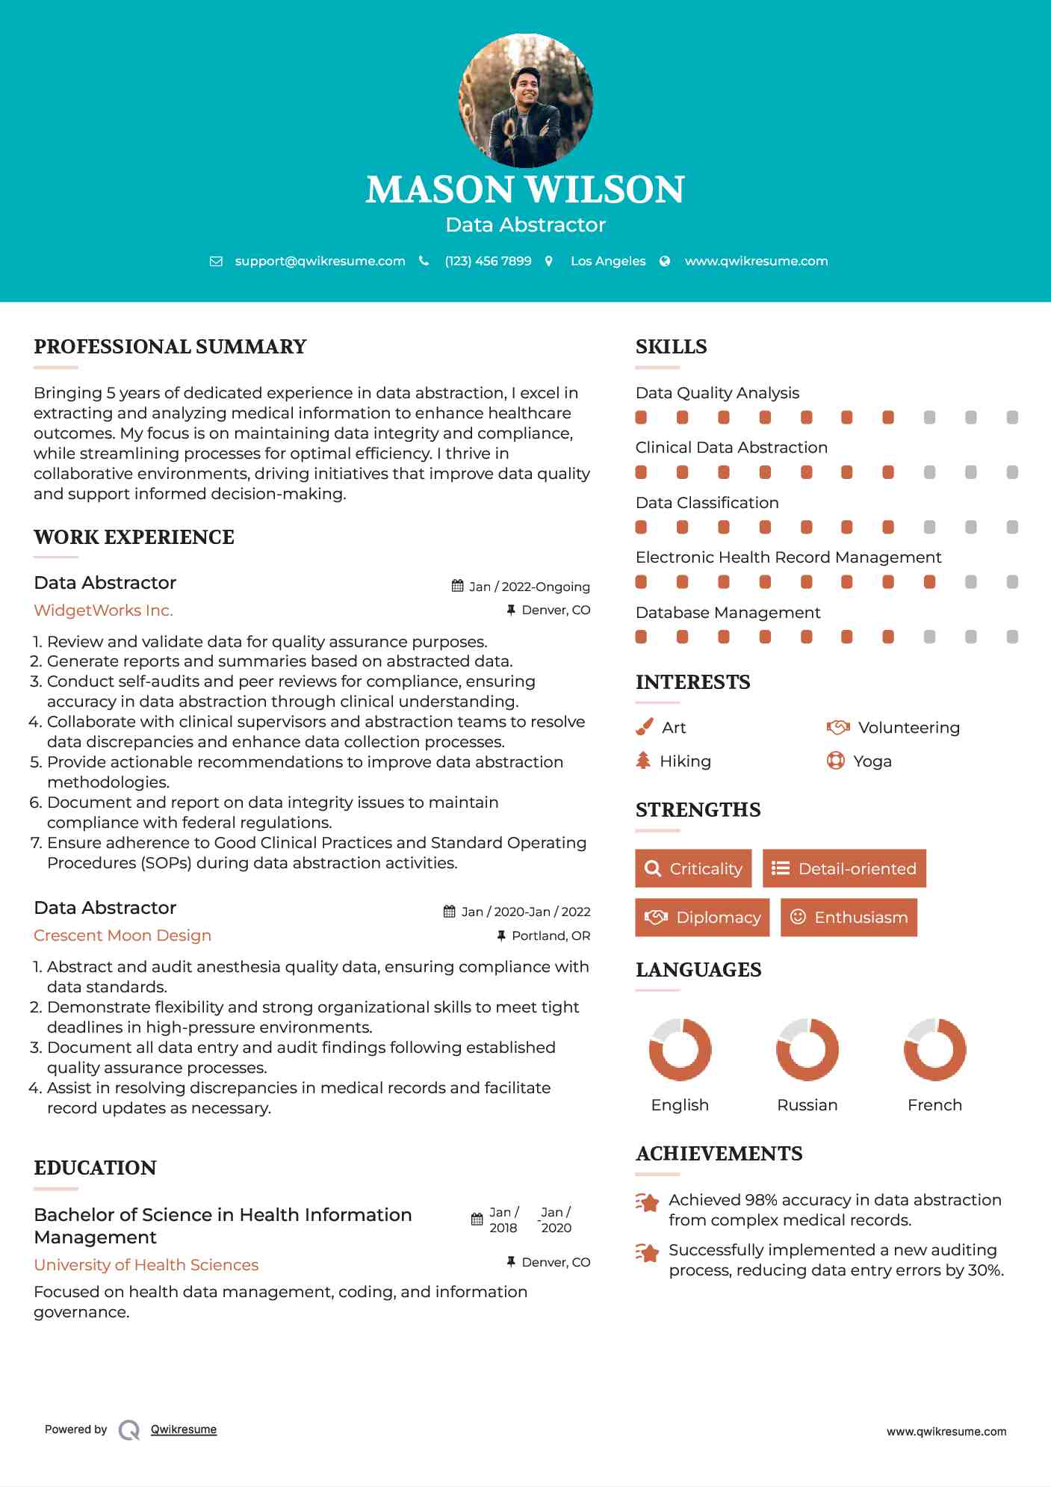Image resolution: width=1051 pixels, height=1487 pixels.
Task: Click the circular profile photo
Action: coord(525,99)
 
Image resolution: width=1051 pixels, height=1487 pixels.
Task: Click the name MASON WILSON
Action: coord(525,190)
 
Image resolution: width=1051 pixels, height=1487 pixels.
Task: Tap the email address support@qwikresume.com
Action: coord(320,261)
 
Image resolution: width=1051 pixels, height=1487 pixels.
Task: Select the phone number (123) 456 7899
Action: coord(488,261)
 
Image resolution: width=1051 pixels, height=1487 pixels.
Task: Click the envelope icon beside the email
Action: coord(216,262)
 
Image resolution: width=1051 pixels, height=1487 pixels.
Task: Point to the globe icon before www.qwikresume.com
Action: coord(665,262)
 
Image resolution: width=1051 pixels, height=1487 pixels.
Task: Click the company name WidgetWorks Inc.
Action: coord(103,610)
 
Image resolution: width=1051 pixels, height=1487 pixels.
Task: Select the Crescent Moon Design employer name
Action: coord(123,936)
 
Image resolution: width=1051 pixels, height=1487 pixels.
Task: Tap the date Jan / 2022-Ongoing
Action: coord(529,587)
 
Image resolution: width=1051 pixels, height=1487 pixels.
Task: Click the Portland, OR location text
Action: coord(551,936)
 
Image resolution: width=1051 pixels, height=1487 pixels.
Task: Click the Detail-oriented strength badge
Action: coord(844,868)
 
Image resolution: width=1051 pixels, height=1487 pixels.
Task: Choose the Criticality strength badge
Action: coord(693,868)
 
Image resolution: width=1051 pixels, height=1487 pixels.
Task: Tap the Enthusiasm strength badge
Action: coord(849,917)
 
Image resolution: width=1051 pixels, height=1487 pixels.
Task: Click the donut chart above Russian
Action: coord(807,1049)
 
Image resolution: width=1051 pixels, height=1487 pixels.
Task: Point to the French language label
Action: coord(934,1105)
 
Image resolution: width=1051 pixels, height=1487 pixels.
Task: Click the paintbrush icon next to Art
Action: coord(644,727)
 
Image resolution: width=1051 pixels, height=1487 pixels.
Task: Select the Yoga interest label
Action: coord(872,761)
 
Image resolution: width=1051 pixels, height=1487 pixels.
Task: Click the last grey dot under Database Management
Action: coord(1012,637)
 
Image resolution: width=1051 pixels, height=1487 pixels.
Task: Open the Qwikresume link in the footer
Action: coord(184,1429)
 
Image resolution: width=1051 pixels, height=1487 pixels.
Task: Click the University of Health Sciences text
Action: coord(146,1265)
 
